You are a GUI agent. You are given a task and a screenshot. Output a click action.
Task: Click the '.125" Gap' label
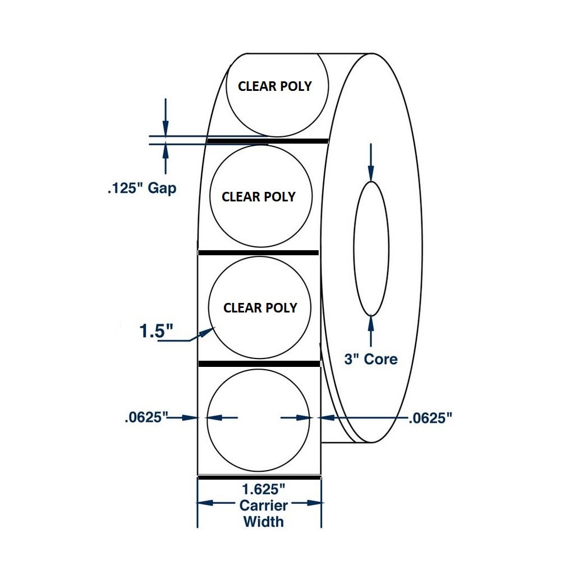click(141, 188)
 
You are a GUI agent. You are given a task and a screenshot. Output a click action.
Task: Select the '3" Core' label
click(370, 359)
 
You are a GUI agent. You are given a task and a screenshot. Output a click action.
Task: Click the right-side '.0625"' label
click(430, 417)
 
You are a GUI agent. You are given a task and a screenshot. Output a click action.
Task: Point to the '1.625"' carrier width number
click(260, 490)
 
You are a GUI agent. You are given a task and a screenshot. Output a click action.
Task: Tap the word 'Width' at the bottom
click(263, 521)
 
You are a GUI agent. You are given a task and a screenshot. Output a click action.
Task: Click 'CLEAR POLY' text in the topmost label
click(275, 86)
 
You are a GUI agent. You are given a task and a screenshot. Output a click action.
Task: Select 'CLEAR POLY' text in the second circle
click(259, 197)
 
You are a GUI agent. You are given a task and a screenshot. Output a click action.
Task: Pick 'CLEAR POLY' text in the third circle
click(260, 308)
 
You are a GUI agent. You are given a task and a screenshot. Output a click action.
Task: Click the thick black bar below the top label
click(268, 141)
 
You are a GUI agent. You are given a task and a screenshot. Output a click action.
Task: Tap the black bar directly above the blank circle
click(259, 364)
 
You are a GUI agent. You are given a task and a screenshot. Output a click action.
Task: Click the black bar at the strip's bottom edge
click(259, 477)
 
